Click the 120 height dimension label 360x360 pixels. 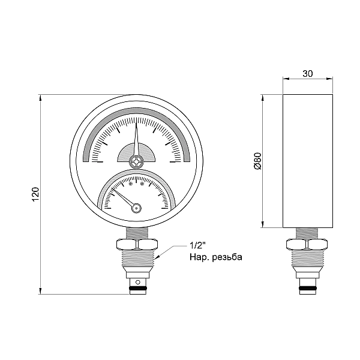click(35, 194)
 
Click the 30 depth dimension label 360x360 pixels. click(308, 74)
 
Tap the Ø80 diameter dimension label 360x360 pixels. click(257, 161)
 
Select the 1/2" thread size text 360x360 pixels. click(197, 246)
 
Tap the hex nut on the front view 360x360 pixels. click(137, 245)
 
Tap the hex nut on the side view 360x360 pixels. click(307, 245)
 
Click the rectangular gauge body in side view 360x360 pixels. click(308, 161)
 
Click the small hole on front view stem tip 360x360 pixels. click(137, 281)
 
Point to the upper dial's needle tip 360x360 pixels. click(137, 119)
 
